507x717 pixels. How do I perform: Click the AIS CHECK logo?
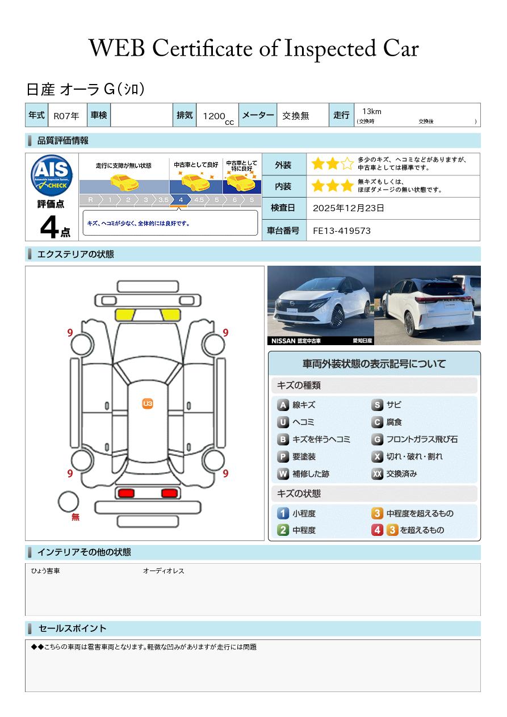tap(52, 175)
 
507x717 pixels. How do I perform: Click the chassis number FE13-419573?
tap(342, 231)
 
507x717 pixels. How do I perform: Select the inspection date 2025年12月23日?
tap(348, 208)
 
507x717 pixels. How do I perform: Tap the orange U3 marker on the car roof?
tap(148, 404)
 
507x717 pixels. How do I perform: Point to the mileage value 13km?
tap(372, 111)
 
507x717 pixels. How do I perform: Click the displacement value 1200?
tap(214, 116)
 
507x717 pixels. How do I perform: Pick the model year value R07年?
tap(66, 116)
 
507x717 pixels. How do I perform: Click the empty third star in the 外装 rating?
tap(347, 163)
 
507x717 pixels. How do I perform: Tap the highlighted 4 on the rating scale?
tap(181, 200)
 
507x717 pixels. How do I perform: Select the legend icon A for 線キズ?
tap(283, 405)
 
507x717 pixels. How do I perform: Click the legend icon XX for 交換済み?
tap(377, 473)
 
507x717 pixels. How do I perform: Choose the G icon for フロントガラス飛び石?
tap(377, 439)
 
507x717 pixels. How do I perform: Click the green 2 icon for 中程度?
tap(283, 530)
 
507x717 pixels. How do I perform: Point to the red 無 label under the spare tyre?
tap(75, 517)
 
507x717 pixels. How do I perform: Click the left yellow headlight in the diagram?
tap(125, 315)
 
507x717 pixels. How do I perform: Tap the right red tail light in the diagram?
tap(169, 493)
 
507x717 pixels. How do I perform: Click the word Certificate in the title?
tap(202, 49)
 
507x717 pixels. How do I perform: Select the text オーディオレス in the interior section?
tap(164, 571)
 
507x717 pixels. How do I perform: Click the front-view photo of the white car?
tap(321, 305)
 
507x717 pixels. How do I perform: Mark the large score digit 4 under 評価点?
tap(49, 227)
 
